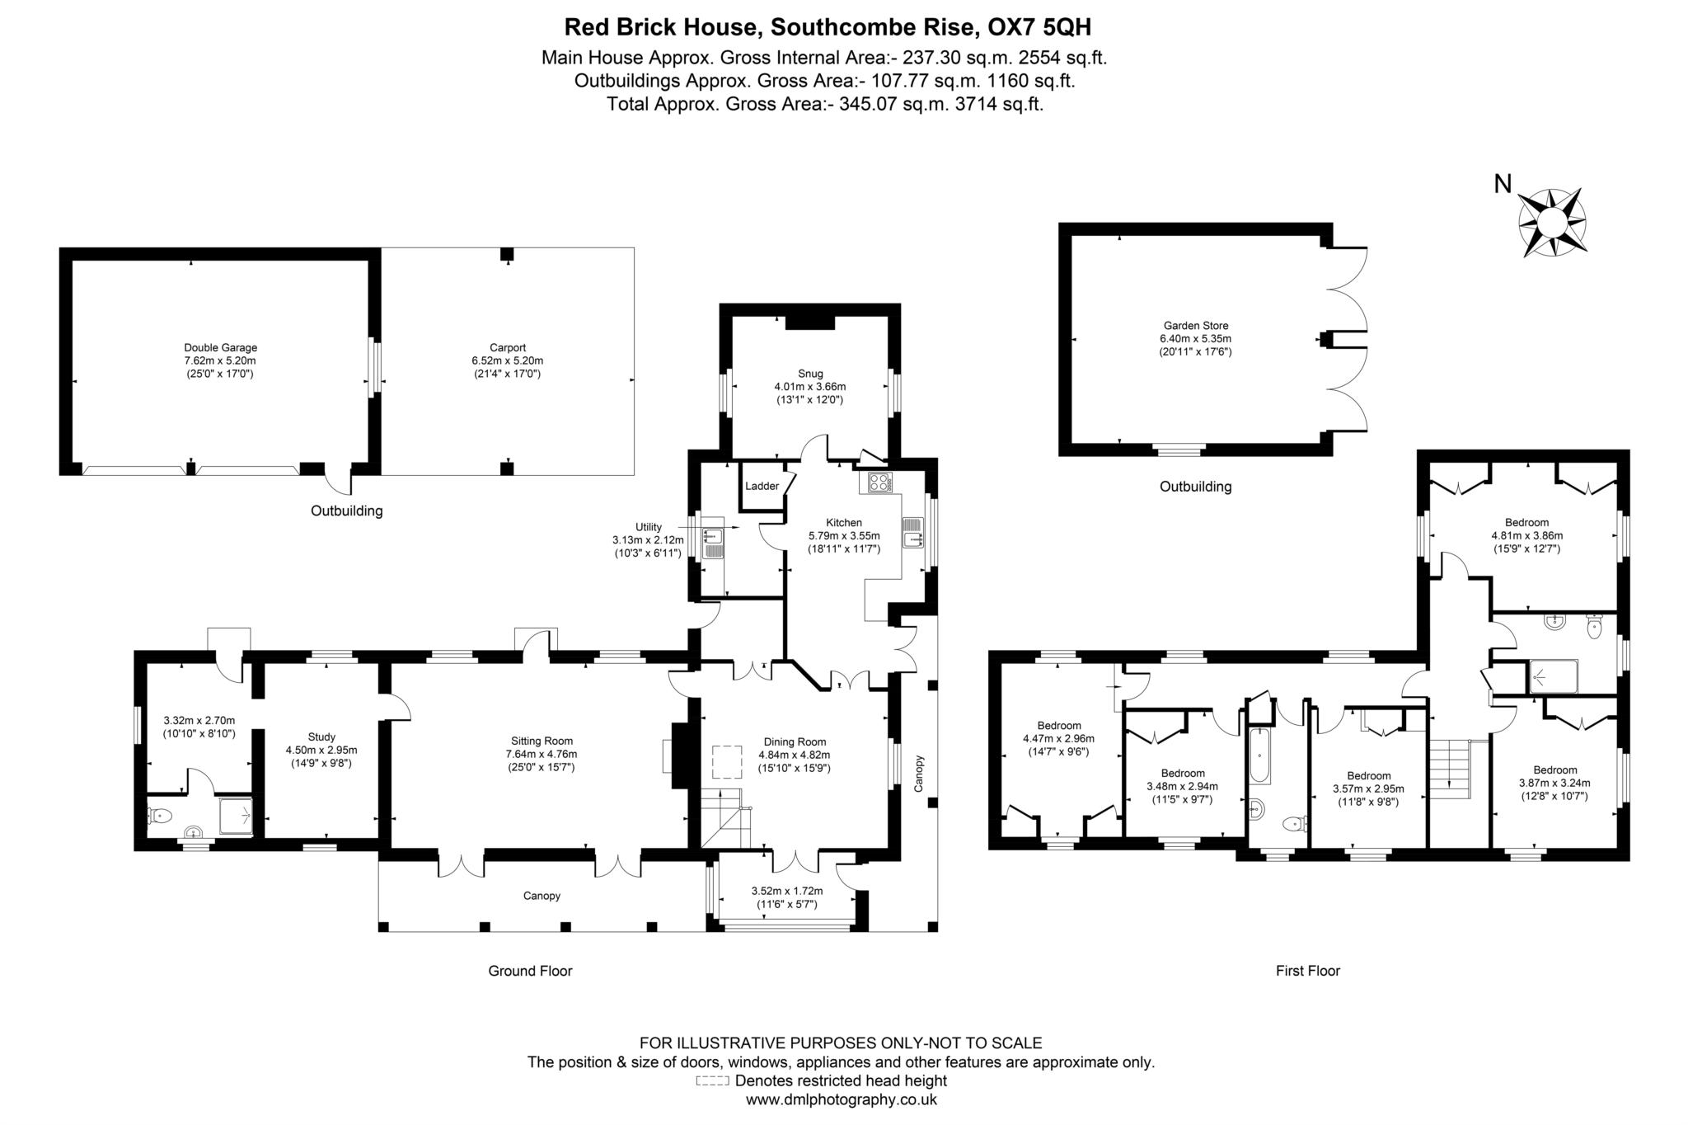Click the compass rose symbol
pos(1552,222)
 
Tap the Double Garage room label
pos(220,348)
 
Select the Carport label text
pos(507,348)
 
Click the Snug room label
pos(809,374)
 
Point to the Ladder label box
pos(762,486)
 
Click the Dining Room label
pos(794,741)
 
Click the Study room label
pos(321,737)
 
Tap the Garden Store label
pos(1195,326)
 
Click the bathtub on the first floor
pos(1259,756)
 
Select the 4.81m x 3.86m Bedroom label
pos(1526,522)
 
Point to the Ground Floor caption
pos(530,971)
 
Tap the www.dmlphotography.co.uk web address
pos(841,1099)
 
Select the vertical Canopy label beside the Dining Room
pos(920,773)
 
